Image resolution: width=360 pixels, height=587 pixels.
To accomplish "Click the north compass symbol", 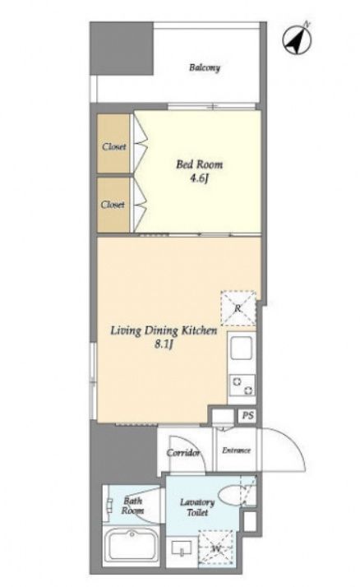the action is (298, 39).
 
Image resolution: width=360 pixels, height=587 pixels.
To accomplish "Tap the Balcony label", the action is (205, 67).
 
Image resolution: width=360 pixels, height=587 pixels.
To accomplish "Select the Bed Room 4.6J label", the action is (199, 171).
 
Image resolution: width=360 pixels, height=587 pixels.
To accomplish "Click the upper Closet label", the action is (114, 146).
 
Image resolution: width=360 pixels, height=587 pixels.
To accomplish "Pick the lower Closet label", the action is (113, 205).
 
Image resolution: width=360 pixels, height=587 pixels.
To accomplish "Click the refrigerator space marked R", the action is (238, 308).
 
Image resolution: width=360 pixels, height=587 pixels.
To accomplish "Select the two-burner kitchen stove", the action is (242, 386).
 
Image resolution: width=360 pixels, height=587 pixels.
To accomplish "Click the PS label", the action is (247, 415).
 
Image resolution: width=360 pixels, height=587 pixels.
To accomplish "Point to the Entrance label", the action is (236, 451).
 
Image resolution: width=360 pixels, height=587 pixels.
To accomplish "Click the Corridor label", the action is (183, 453).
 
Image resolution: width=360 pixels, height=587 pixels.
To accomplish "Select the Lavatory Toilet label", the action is (197, 507).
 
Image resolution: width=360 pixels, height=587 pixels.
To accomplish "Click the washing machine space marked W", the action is (216, 549).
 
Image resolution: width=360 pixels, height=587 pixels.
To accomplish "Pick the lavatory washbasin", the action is (182, 549).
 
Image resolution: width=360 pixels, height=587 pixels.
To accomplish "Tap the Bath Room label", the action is (132, 506).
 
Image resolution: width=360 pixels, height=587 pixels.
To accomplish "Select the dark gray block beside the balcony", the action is (122, 49).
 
